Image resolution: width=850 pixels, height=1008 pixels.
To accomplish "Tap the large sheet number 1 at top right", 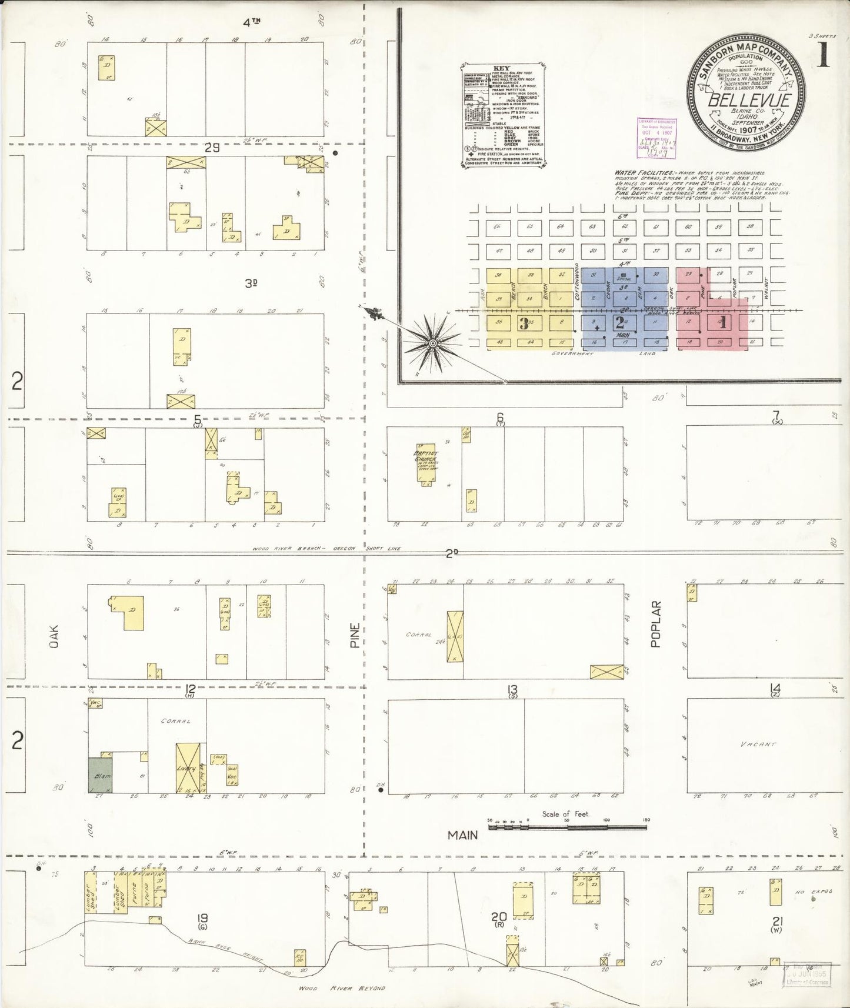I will point(822,57).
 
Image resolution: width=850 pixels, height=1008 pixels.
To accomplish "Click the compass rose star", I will point(433,342).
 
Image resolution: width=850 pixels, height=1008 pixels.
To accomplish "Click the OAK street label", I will point(55,636).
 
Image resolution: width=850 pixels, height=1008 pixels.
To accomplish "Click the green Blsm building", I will point(99,774).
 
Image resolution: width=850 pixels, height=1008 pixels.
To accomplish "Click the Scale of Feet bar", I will point(568,827).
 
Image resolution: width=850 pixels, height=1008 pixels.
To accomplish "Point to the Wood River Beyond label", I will point(342,989).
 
